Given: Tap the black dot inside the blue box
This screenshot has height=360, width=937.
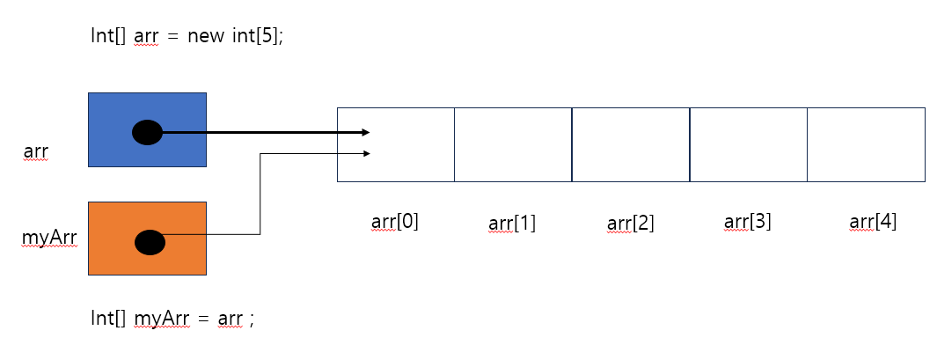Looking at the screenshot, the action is (147, 133).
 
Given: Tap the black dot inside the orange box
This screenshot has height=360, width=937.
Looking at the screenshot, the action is (150, 241).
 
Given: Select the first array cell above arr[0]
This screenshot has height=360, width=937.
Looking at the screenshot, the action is (396, 144).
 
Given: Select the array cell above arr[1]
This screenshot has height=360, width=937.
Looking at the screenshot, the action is (513, 144).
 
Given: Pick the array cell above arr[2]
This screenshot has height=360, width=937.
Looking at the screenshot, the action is (631, 144).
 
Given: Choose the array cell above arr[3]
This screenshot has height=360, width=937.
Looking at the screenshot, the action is (748, 144).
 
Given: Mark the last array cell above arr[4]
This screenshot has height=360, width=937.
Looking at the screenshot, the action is (866, 144).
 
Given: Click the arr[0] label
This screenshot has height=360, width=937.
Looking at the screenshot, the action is (395, 221).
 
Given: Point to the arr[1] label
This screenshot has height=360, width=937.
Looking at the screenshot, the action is (512, 224).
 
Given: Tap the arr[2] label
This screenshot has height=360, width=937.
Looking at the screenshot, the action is (630, 224).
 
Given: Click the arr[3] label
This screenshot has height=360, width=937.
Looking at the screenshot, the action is (748, 221).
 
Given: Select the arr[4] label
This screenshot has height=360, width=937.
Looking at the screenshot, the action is (874, 221).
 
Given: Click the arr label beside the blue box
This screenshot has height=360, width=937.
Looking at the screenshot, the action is (36, 151).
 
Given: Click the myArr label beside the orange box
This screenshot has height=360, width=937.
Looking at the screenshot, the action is (48, 237).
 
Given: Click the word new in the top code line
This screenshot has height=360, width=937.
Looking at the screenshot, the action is (206, 36).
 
